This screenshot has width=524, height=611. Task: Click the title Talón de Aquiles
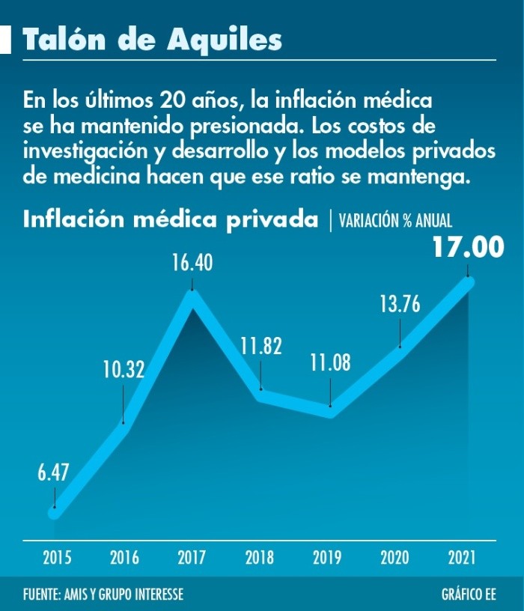click(153, 40)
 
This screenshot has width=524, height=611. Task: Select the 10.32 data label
click(123, 369)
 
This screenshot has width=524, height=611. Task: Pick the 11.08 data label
click(330, 364)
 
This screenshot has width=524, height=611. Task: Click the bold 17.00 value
click(468, 248)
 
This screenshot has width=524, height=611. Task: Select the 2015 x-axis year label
click(57, 557)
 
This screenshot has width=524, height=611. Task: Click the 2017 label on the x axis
click(192, 557)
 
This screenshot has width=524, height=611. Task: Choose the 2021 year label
click(462, 557)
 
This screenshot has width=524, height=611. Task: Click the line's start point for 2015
click(54, 513)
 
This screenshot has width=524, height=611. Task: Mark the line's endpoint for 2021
click(469, 282)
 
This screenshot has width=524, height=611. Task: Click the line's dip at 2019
click(330, 411)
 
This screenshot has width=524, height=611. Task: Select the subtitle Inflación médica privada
click(171, 220)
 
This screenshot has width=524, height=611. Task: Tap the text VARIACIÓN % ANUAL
click(394, 221)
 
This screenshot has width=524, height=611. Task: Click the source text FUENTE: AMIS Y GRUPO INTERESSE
click(103, 595)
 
